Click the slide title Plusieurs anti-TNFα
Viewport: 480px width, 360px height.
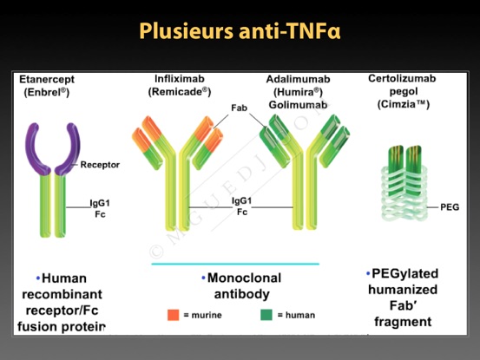click(x=240, y=31)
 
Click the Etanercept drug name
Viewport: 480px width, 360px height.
click(x=47, y=79)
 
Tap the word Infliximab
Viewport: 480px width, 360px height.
click(x=180, y=79)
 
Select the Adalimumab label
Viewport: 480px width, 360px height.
click(x=299, y=79)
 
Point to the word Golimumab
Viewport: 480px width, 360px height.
click(x=299, y=105)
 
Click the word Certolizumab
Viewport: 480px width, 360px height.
click(x=402, y=78)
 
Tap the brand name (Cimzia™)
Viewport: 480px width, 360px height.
click(x=404, y=104)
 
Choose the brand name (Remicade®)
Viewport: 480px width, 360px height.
click(x=180, y=92)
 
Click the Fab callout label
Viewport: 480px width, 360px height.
click(x=239, y=108)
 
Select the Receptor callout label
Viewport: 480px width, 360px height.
click(x=100, y=165)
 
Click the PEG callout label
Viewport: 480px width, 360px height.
click(x=450, y=207)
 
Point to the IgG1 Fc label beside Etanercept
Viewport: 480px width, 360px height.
click(x=100, y=208)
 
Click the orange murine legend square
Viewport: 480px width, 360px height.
click(x=174, y=315)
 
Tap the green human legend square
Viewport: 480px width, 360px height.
click(x=266, y=315)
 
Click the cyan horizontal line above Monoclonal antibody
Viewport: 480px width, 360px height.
click(x=235, y=264)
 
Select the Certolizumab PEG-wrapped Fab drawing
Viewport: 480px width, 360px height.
click(x=404, y=184)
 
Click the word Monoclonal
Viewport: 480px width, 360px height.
click(x=244, y=278)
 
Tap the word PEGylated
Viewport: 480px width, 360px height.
click(x=405, y=274)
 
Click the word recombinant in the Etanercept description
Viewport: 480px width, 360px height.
click(x=62, y=294)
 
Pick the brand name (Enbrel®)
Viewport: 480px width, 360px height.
click(x=47, y=92)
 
